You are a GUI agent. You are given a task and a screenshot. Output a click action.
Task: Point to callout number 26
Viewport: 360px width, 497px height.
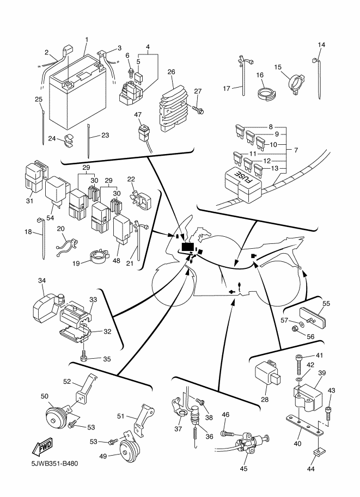(171, 72)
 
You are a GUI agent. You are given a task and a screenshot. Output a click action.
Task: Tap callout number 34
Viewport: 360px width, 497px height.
(42, 281)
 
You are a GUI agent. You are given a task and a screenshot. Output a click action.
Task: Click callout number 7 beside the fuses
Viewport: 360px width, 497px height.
(295, 149)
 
